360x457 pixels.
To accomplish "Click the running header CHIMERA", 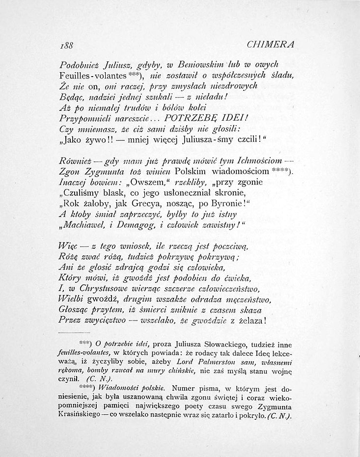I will [x=271, y=44].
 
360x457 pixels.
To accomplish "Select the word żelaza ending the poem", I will [x=249, y=321].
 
